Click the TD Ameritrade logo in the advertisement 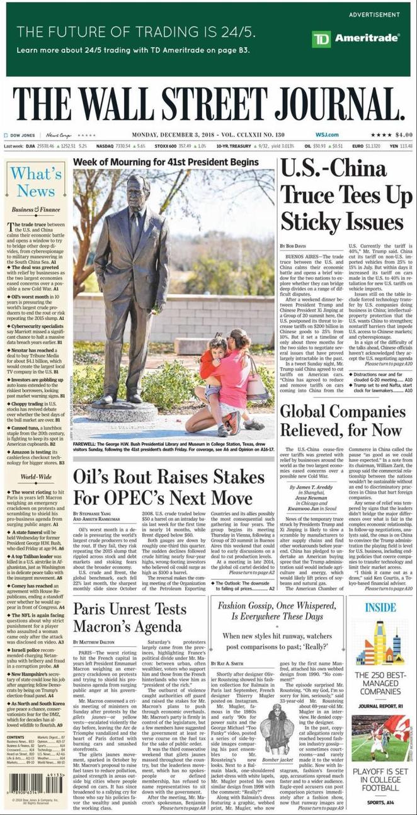click(356, 38)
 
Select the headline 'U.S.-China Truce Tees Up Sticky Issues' click(345, 197)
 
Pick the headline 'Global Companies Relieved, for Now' click(341, 421)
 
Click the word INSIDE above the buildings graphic click(380, 608)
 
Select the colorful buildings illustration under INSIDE click(380, 642)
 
